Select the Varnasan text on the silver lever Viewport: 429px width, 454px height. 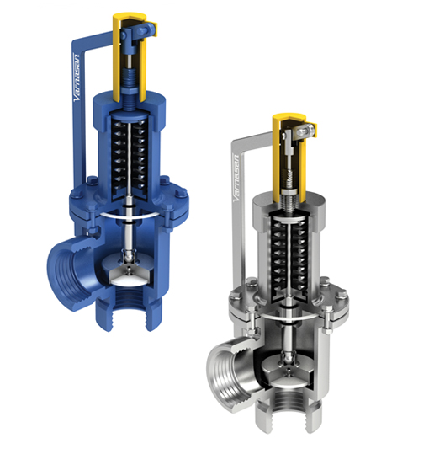coord(237,180)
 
